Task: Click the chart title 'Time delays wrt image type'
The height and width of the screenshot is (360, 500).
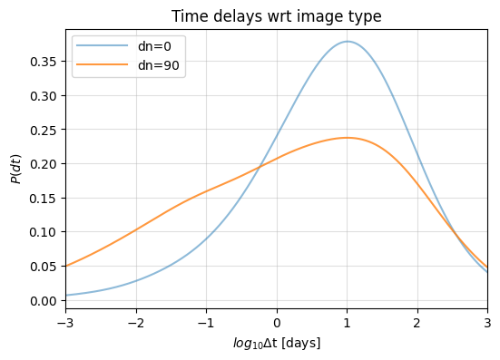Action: click(x=277, y=15)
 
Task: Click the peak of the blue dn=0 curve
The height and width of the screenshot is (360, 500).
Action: click(x=347, y=41)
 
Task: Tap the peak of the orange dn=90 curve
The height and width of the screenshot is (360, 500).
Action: click(x=347, y=138)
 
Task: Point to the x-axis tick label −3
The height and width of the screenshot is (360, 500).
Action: click(x=65, y=321)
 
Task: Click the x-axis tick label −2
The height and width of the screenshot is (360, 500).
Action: click(x=135, y=321)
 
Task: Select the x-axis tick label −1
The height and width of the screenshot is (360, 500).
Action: click(x=206, y=321)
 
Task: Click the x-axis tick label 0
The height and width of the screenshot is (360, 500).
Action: click(x=277, y=321)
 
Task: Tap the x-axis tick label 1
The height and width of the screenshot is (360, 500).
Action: click(x=347, y=321)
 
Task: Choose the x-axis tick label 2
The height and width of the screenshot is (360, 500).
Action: click(x=417, y=321)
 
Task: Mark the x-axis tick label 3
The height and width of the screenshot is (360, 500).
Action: click(x=487, y=321)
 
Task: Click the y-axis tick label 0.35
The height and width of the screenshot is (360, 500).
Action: click(x=44, y=62)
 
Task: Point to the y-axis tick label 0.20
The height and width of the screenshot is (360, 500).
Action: click(x=44, y=164)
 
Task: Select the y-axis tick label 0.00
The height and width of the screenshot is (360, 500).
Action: click(x=44, y=300)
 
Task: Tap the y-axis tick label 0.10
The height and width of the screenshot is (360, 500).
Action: click(x=44, y=232)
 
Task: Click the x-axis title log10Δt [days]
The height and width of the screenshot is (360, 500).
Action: click(x=277, y=343)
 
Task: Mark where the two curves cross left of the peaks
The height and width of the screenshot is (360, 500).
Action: click(x=260, y=166)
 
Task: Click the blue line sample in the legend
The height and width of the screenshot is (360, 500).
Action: click(x=93, y=46)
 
